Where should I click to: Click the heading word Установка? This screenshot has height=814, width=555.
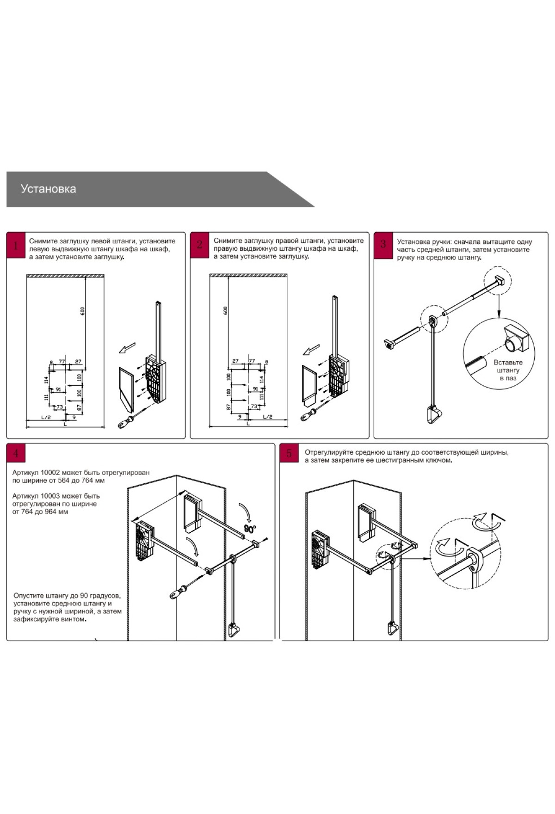pos(48,189)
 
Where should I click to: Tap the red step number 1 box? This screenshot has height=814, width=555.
pos(16,245)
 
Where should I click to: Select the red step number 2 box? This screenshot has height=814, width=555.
pos(199,245)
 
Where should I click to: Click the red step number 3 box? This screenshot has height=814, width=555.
pos(383,245)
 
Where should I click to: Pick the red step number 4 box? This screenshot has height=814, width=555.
pos(16,453)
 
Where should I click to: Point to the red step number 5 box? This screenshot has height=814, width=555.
pos(289,453)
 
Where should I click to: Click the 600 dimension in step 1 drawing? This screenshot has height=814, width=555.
pos(83,311)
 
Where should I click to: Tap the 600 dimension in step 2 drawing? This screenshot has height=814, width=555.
pos(225,310)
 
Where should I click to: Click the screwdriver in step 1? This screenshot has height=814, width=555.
pos(128,420)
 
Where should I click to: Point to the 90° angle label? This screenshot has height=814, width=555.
pos(250,529)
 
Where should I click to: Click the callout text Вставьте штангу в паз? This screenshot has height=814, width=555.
pos(508,370)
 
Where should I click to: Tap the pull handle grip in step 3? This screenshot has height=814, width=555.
pos(433,414)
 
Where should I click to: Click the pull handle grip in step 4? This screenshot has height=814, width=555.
pos(235,629)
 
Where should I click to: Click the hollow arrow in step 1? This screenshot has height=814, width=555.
pos(127,347)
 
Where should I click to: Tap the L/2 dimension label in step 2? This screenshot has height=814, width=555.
pos(267,417)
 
